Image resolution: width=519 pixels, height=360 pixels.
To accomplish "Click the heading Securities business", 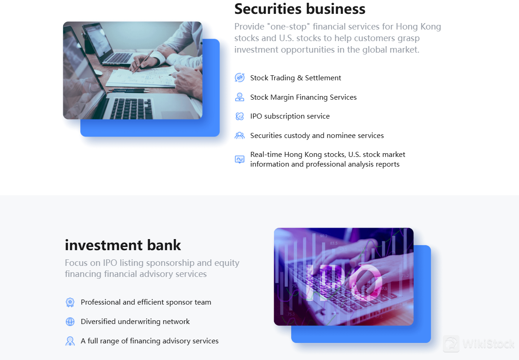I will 300,9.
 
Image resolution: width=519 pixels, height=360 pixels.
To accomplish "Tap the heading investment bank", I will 123,245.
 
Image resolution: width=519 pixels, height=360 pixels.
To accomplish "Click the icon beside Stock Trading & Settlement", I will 239,78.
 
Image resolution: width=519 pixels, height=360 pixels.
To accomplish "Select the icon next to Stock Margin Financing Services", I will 239,97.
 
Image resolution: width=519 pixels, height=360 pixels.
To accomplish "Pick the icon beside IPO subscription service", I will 239,116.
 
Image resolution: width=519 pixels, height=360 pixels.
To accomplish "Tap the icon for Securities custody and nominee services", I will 239,136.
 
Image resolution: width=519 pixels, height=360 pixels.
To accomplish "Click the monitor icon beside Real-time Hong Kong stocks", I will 239,159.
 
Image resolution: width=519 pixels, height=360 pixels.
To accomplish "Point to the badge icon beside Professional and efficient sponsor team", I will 70,302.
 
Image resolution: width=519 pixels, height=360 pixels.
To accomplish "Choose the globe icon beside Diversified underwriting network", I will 70,322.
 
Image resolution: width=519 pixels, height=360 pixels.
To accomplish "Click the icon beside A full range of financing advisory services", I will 70,341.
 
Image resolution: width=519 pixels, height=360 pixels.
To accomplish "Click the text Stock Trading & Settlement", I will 296,78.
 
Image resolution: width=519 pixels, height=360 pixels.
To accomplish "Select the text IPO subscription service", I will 290,116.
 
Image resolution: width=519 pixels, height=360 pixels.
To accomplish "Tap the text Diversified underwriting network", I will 135,322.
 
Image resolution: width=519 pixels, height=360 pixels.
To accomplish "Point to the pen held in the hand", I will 143,62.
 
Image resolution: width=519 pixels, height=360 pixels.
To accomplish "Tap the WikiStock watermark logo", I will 479,344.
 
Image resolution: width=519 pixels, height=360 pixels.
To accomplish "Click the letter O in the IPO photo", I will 367,282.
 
